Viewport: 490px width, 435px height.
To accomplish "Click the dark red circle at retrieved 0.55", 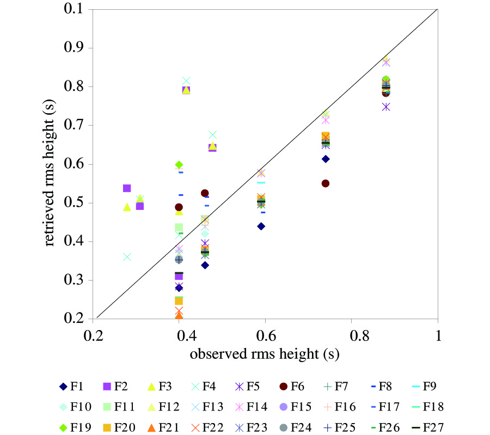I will [x=326, y=183].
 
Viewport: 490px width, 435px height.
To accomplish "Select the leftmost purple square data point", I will [x=127, y=188].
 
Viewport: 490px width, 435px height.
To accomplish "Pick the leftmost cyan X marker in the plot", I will [x=127, y=257].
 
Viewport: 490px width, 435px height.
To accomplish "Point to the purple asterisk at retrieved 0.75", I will [x=386, y=107].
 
